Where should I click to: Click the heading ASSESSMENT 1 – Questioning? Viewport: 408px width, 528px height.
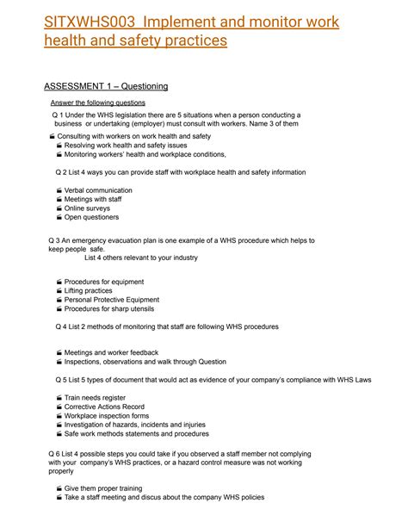point(106,86)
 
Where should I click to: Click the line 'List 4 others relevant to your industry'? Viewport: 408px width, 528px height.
point(141,258)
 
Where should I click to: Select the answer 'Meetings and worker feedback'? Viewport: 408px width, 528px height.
point(111,352)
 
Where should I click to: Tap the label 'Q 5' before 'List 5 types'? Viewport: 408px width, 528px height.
point(60,379)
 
